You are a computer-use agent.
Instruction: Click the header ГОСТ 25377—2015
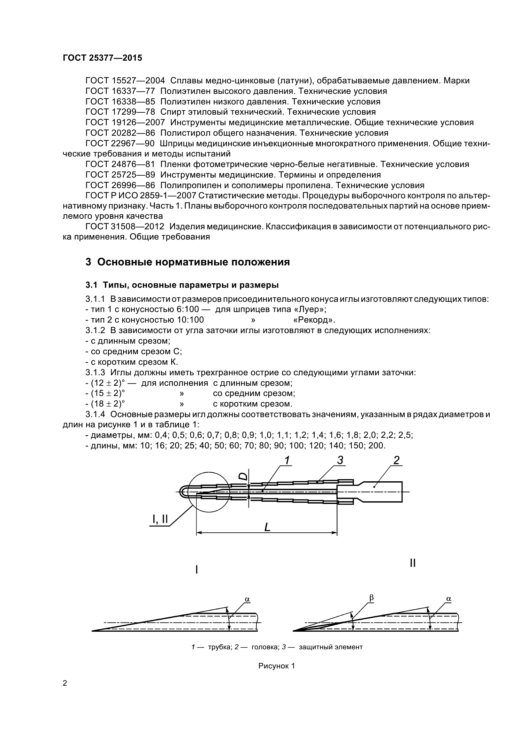pyautogui.click(x=103, y=58)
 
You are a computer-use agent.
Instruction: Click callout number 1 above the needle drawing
pyautogui.click(x=287, y=461)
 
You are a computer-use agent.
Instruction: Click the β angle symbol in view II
pyautogui.click(x=371, y=598)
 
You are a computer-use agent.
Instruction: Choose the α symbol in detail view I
pyautogui.click(x=247, y=599)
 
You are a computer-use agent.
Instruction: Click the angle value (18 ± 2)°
pyautogui.click(x=105, y=404)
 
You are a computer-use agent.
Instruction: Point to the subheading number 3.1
pyautogui.click(x=91, y=285)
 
